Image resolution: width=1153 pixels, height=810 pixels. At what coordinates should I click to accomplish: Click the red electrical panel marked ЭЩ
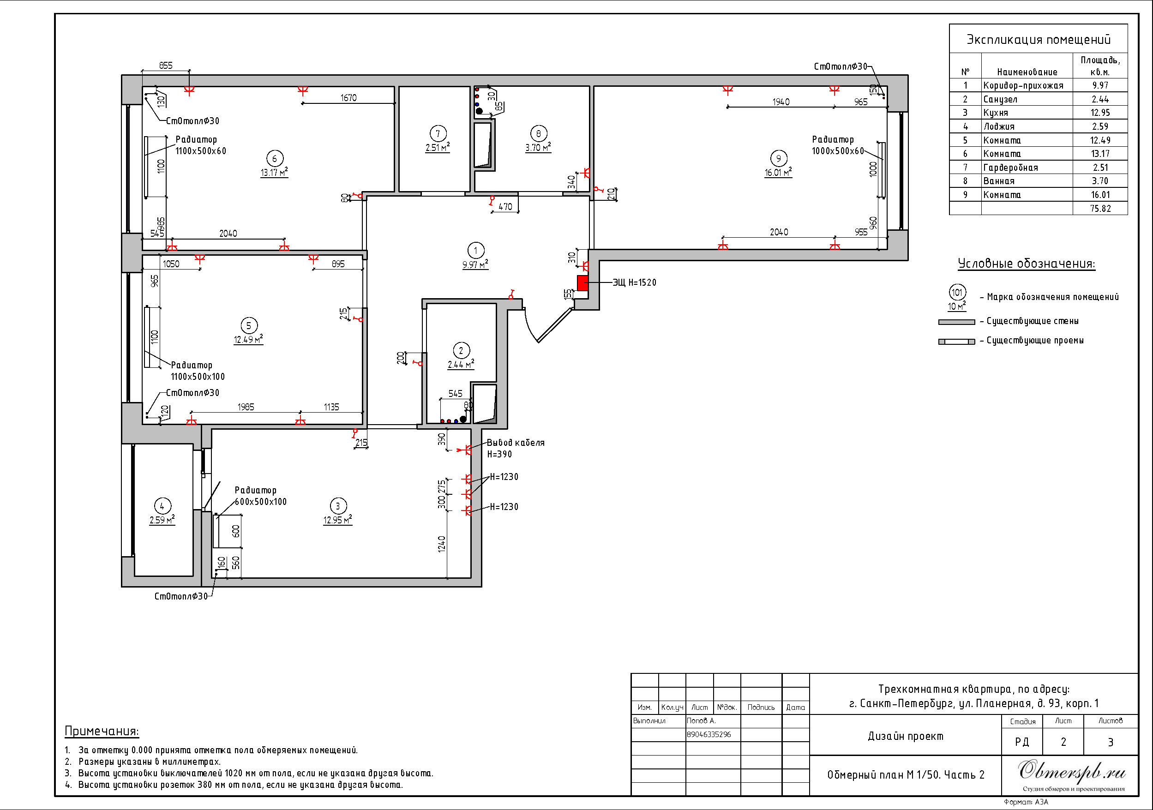pos(583,283)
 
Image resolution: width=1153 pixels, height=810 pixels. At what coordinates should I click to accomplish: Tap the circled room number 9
pos(778,159)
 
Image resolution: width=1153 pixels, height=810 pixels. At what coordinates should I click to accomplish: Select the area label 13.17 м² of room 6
pos(274,172)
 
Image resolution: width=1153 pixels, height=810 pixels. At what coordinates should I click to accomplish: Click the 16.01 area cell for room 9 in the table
pos(1100,195)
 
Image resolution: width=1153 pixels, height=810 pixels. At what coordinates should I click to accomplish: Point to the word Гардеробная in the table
pos(1010,168)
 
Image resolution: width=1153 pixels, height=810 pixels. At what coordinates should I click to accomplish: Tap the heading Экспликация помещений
pos(1039,40)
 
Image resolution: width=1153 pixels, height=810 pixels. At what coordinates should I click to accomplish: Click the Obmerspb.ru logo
pos(1072,771)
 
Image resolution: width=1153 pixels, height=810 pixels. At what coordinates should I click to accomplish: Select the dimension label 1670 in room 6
pos(348,97)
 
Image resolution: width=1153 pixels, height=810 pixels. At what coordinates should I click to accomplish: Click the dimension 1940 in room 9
pos(781,102)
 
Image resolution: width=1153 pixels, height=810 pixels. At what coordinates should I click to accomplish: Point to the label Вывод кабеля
pos(516,443)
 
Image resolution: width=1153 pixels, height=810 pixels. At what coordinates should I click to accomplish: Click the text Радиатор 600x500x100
pos(261,496)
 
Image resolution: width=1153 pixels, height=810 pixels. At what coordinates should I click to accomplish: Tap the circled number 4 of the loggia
pos(162,506)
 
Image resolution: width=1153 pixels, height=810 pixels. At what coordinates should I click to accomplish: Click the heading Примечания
pos(102,731)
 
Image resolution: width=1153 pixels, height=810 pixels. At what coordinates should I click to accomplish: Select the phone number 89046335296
pos(709,735)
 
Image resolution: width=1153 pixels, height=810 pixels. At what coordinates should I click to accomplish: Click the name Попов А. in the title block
pos(701,720)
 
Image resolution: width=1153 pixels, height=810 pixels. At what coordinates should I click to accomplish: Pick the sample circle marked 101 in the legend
pos(957,292)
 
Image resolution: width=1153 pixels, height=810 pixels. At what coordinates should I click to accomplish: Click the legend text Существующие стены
pos(1033,321)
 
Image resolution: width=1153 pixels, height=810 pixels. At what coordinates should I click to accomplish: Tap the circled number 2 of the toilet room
pos(461,350)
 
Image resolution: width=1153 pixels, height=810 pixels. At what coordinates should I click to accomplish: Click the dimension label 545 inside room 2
pos(455,394)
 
